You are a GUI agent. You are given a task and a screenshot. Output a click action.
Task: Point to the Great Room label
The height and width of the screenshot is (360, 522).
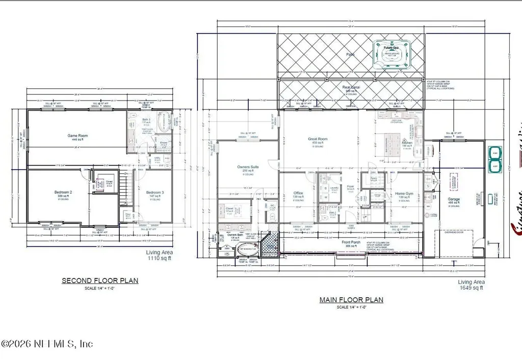point(318,139)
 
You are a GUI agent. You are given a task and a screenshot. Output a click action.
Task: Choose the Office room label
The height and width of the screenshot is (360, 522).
point(299,193)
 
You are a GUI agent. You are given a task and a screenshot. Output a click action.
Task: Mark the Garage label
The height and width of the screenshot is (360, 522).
point(453,199)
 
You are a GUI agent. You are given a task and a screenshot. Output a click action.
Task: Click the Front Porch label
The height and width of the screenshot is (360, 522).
point(351,242)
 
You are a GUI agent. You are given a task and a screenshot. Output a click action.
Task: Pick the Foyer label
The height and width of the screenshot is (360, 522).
point(351,186)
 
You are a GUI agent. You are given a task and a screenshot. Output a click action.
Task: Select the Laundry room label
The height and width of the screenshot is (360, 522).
point(334,188)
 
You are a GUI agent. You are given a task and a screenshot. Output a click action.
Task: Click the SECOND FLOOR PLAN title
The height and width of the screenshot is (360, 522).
point(100,280)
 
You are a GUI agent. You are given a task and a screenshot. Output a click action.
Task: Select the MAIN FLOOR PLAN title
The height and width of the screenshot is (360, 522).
point(351,300)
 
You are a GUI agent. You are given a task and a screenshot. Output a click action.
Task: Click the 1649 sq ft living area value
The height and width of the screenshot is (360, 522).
point(472,288)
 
